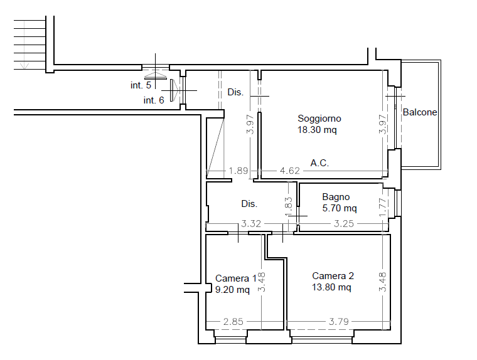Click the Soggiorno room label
coord(319,119)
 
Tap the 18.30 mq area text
coord(317,130)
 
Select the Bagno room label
coord(336,198)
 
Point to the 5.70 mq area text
coord(340,208)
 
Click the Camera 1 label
coord(236,278)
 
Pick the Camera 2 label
coord(333,276)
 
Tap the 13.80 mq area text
coord(331,287)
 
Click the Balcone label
coord(420,112)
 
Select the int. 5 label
coord(141,85)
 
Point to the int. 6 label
coord(154,100)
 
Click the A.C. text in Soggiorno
coord(319,163)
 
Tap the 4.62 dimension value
coord(289,171)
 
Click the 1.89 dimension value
coord(238,171)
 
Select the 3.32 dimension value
coord(251,224)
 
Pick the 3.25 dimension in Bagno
coord(344,224)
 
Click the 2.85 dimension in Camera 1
coord(233,321)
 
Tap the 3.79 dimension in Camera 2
coord(338,321)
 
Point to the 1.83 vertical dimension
coord(289,207)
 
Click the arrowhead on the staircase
coord(24,66)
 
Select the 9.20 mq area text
coord(232,290)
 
